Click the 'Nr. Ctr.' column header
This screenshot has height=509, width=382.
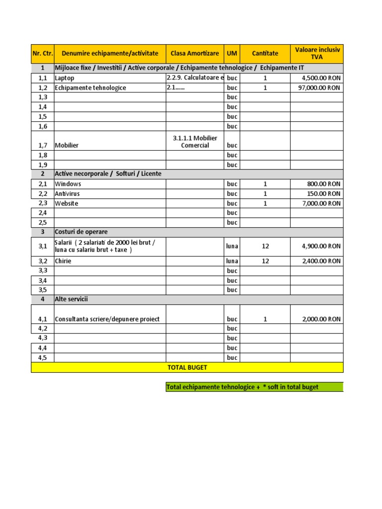point(42,53)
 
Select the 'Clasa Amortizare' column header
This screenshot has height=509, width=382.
point(194,53)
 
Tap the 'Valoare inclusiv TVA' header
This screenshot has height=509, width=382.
point(317,53)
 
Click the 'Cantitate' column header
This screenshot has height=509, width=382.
point(265,53)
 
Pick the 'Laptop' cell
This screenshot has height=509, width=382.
point(64,78)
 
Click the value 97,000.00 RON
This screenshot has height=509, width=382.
point(321,87)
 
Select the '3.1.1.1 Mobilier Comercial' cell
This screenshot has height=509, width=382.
point(194,142)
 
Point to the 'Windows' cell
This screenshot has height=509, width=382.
point(68,184)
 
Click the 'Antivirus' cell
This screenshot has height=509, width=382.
point(67,193)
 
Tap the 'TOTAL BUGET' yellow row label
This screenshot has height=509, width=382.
point(187,367)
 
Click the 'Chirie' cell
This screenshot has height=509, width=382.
point(63,261)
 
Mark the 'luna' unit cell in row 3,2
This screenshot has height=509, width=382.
point(232,261)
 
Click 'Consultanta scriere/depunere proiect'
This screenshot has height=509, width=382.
point(107,319)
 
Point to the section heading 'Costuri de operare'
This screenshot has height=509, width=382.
point(81,232)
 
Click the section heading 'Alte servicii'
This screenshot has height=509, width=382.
point(75,299)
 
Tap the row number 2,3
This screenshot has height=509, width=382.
point(42,203)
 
